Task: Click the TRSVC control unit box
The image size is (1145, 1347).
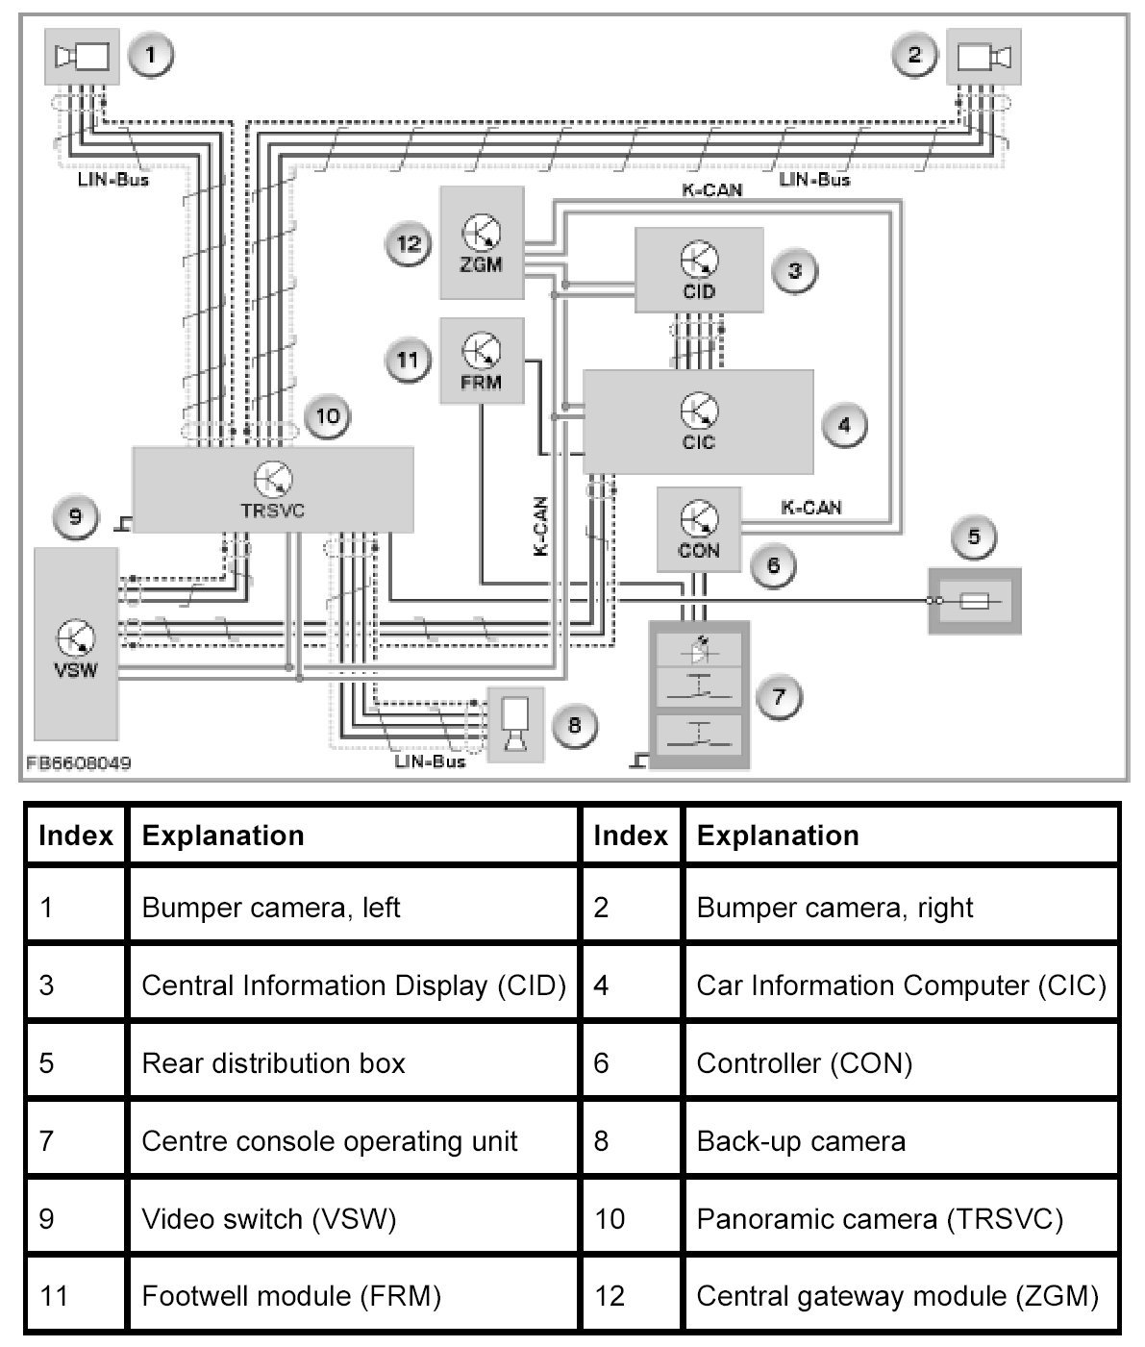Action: pyautogui.click(x=272, y=489)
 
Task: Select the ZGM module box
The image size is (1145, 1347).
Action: pyautogui.click(x=481, y=243)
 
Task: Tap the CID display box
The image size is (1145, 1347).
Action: pyautogui.click(x=699, y=270)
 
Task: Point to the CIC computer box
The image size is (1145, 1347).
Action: pyautogui.click(x=698, y=421)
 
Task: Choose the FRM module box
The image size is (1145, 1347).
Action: pyautogui.click(x=481, y=361)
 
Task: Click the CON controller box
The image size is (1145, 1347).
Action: pyautogui.click(x=699, y=529)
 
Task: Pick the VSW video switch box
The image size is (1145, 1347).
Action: pyautogui.click(x=76, y=643)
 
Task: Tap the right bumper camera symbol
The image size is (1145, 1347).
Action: pyautogui.click(x=984, y=57)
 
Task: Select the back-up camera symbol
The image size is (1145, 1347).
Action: pyautogui.click(x=515, y=724)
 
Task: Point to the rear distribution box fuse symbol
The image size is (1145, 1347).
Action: pyautogui.click(x=974, y=601)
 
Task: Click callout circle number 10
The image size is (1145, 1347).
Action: pyautogui.click(x=328, y=416)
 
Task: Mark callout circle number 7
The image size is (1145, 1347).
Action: pyautogui.click(x=779, y=696)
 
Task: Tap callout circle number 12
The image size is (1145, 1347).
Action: pyautogui.click(x=409, y=243)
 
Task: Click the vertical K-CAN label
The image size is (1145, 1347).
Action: pyautogui.click(x=540, y=526)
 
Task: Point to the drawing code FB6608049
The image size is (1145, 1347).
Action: pyautogui.click(x=79, y=763)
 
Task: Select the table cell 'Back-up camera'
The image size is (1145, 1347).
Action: pyautogui.click(x=801, y=1141)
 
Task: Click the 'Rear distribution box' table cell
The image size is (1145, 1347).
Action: pyautogui.click(x=273, y=1063)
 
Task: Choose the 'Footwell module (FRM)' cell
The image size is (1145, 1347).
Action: pyautogui.click(x=291, y=1296)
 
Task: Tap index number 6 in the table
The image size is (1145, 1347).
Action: pyautogui.click(x=602, y=1063)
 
